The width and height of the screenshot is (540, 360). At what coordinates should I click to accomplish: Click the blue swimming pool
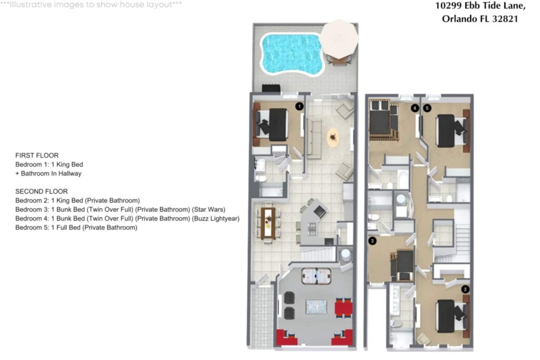tap(292, 54)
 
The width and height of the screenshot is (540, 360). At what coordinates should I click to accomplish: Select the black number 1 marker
tap(299, 106)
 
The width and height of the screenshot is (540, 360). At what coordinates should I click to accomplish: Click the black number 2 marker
tap(465, 289)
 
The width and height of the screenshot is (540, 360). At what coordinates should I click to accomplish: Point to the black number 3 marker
tap(372, 241)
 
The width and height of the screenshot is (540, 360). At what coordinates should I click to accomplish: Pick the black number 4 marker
tap(415, 108)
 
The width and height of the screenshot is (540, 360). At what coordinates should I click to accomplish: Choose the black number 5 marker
tap(427, 108)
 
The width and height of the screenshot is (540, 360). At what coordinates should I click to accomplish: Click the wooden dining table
tap(268, 223)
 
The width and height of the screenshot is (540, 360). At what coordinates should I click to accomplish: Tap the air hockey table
tap(316, 276)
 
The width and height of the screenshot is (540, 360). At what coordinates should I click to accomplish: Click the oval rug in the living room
tap(333, 138)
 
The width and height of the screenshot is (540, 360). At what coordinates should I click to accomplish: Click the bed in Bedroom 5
tap(453, 131)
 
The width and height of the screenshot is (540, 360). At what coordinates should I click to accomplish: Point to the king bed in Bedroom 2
tap(453, 316)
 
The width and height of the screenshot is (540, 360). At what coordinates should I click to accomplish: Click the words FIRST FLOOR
tap(37, 155)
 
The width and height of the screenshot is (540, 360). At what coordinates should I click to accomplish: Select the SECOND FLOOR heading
tap(42, 191)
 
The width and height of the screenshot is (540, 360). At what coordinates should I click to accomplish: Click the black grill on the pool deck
tap(271, 88)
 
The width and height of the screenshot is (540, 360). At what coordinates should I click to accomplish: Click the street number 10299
tap(448, 6)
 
